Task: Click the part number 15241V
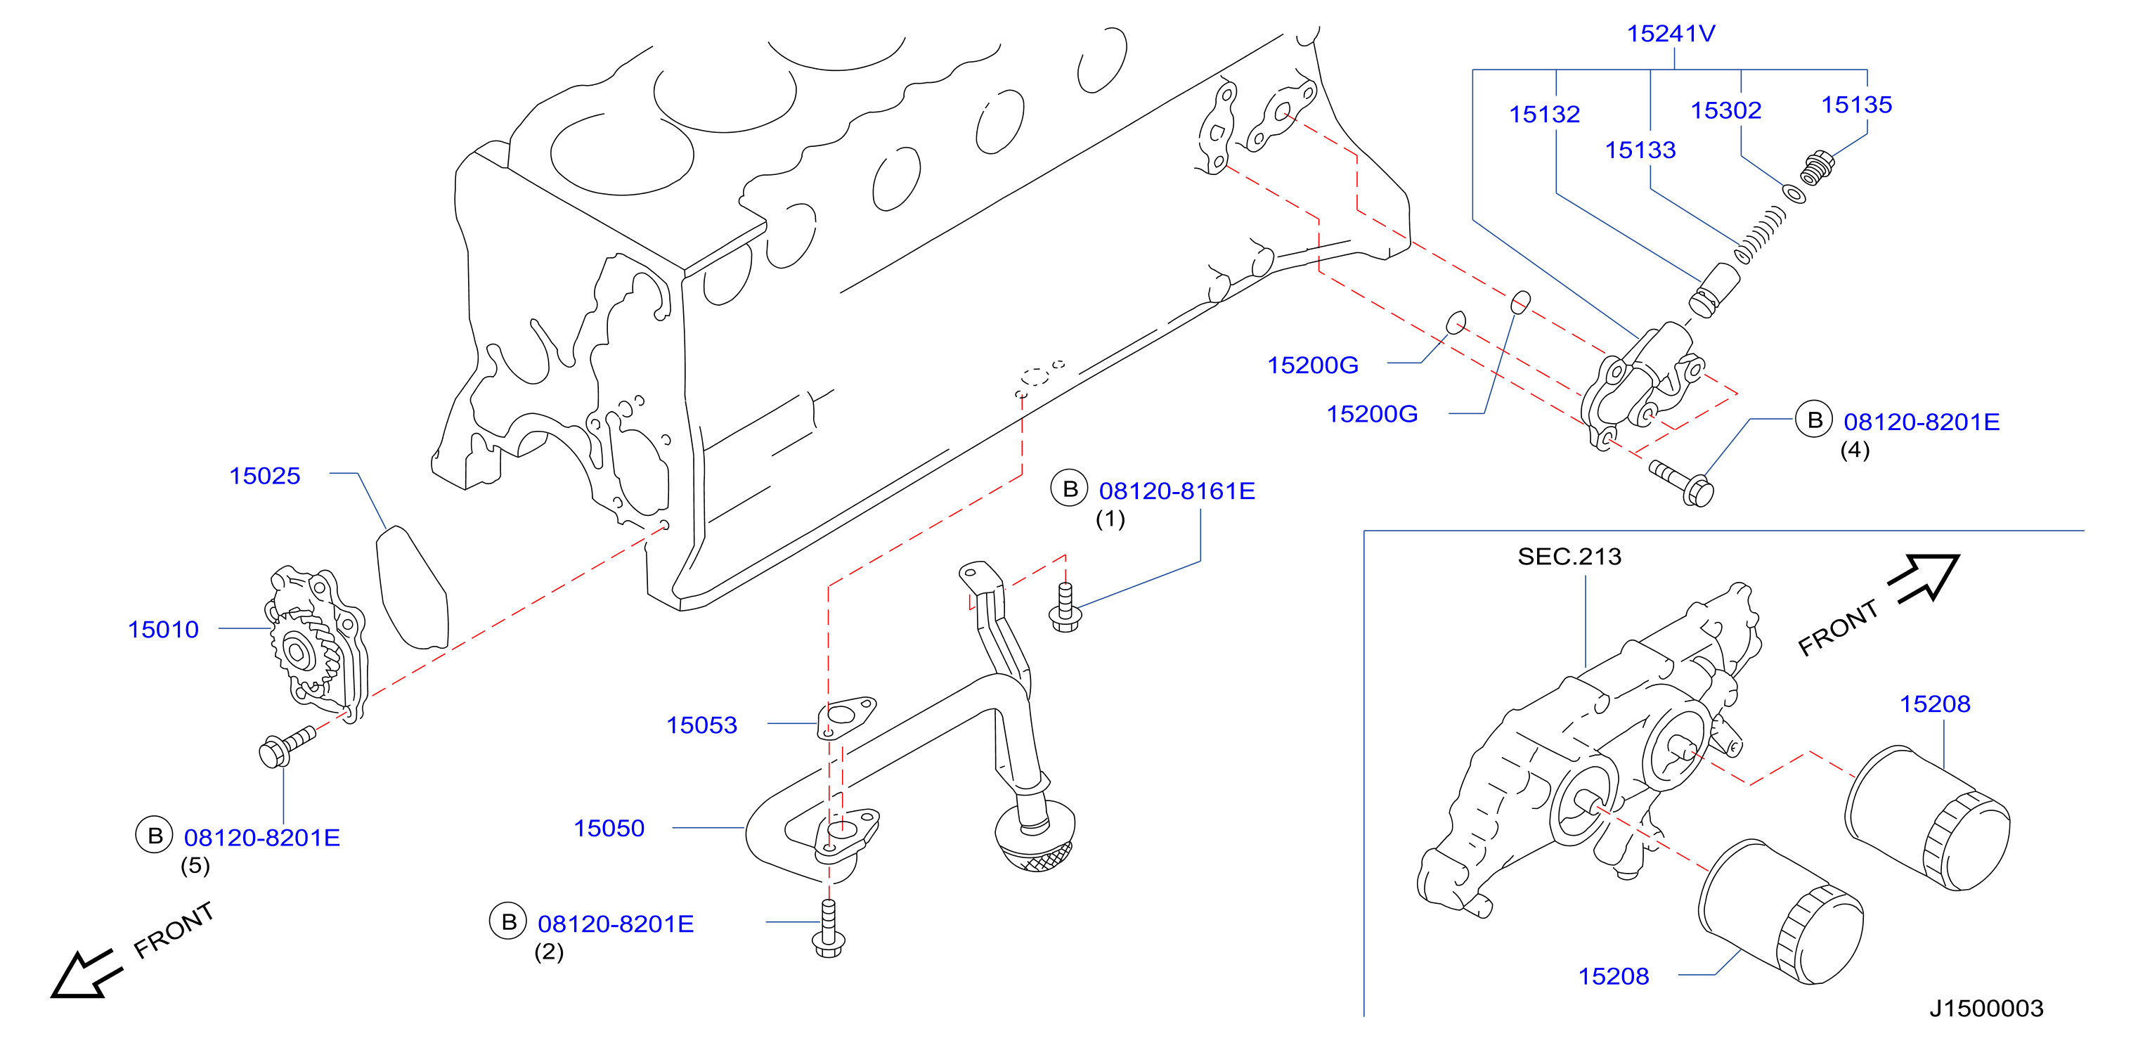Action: pyautogui.click(x=1671, y=33)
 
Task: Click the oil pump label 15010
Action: pyautogui.click(x=164, y=629)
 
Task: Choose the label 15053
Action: pyautogui.click(x=701, y=725)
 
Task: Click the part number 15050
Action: pyautogui.click(x=609, y=827)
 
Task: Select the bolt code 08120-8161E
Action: pyautogui.click(x=1177, y=491)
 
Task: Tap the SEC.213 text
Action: pyautogui.click(x=1569, y=556)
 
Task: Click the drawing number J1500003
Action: pyautogui.click(x=1986, y=1007)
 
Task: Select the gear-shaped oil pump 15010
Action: pyautogui.click(x=316, y=645)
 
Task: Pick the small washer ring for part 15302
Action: pyautogui.click(x=1794, y=194)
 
